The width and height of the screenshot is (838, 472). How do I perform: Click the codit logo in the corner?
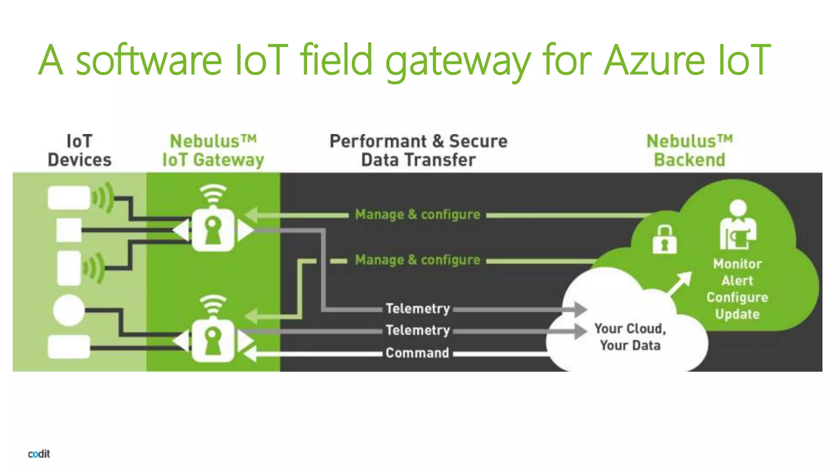click(39, 454)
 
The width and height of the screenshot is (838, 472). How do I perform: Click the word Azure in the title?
click(654, 60)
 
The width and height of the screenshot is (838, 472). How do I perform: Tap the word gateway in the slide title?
click(458, 61)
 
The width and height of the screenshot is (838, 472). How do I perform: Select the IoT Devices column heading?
click(79, 150)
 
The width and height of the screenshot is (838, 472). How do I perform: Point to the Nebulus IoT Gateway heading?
click(213, 150)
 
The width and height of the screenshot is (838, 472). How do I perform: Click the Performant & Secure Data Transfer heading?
click(418, 150)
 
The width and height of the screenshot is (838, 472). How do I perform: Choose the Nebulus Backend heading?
click(689, 150)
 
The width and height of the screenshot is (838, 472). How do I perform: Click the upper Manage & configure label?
click(417, 214)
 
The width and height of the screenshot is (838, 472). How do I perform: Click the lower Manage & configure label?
click(417, 260)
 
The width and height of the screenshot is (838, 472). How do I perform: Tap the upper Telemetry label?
click(418, 309)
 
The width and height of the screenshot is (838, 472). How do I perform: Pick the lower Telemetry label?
click(418, 330)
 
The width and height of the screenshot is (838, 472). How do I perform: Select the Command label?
click(417, 353)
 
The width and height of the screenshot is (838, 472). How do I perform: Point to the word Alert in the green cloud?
click(737, 281)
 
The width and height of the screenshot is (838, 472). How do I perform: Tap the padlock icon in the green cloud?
click(664, 239)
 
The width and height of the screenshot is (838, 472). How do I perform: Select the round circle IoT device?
click(68, 310)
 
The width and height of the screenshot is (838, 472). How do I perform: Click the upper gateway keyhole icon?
click(213, 230)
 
